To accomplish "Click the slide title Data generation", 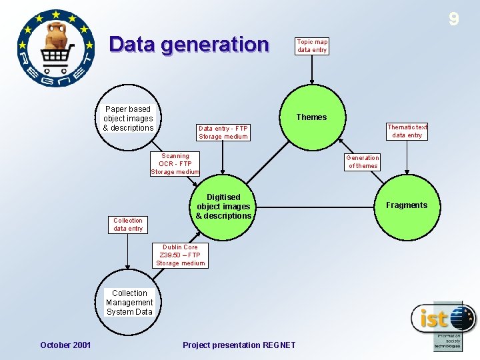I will click(189, 45).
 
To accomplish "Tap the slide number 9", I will click(454, 19).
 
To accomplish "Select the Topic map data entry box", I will click(312, 45).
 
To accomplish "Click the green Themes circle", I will click(311, 117).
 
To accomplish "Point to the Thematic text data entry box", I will click(407, 131).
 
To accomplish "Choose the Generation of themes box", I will click(363, 162).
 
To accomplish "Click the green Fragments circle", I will click(405, 205).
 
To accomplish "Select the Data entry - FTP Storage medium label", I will click(223, 133).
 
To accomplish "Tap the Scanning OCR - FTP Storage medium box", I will click(175, 164).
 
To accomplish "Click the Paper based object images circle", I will click(129, 118).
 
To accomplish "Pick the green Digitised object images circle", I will click(223, 207).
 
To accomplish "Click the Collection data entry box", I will click(128, 225).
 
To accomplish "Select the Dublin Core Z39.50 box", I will click(180, 255).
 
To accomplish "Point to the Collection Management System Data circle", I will click(129, 302).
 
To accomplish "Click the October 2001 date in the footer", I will click(65, 345).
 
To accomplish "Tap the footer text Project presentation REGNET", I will click(239, 345).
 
